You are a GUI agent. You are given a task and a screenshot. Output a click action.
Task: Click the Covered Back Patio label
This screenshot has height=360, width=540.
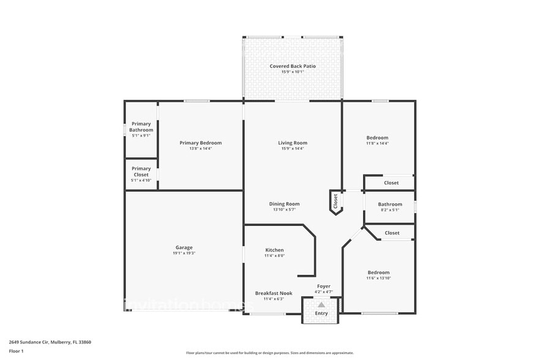tap(293, 66)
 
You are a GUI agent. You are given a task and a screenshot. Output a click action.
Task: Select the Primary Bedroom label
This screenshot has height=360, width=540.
tap(201, 143)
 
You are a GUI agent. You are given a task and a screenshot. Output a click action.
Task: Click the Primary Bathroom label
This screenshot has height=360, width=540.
tap(141, 127)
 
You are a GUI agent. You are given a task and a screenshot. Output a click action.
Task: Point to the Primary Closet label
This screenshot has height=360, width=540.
tap(141, 171)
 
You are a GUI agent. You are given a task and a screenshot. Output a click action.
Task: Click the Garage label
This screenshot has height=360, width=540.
tap(184, 247)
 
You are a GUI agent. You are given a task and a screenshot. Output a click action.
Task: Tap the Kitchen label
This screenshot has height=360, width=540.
tap(274, 250)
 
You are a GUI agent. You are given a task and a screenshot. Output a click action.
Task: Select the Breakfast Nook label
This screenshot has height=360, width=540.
tap(274, 293)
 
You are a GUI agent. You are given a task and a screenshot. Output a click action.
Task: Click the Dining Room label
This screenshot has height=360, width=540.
tap(284, 204)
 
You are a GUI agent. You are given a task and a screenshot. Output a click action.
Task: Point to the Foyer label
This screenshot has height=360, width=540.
tap(324, 286)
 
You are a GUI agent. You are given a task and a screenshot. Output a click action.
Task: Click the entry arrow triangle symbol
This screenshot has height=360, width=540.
tap(321, 304)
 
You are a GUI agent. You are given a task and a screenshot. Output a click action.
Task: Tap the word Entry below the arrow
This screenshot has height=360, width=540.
tap(321, 313)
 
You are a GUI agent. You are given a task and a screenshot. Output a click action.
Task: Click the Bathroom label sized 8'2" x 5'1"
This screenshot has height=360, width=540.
tap(390, 204)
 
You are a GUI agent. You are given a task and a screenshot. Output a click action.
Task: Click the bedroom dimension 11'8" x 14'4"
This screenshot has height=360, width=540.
tap(377, 143)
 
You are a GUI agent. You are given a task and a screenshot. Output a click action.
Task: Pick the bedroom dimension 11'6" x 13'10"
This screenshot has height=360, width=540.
tap(378, 278)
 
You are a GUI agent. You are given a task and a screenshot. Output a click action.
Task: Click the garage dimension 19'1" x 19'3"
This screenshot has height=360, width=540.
tap(184, 253)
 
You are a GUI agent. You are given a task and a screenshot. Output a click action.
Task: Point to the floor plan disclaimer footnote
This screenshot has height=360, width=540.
tap(270, 353)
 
